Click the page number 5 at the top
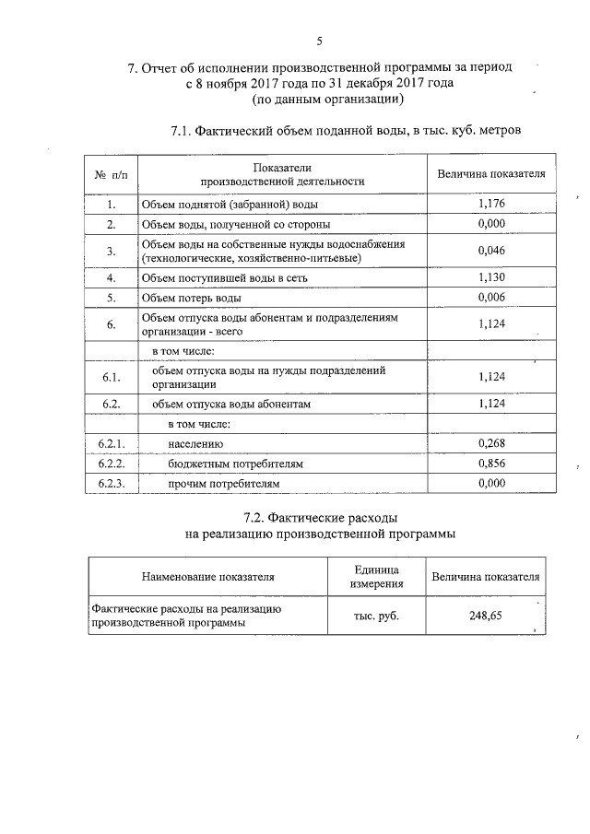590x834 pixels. (x=319, y=41)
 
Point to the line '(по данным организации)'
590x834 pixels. (x=319, y=98)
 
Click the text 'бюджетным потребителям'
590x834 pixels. (x=235, y=464)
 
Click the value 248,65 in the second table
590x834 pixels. (x=485, y=616)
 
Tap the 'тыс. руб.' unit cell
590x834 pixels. (x=376, y=616)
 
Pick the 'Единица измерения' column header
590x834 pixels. (x=376, y=577)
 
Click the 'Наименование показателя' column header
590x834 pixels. (x=207, y=577)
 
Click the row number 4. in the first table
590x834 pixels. (x=111, y=276)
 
